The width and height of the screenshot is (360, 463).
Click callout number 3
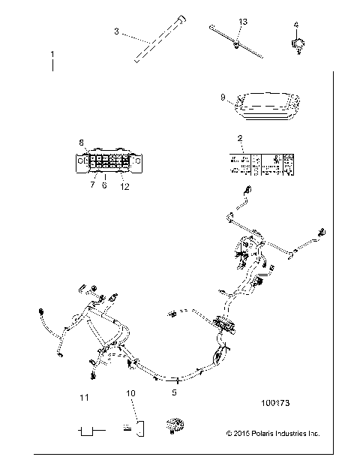point(117,31)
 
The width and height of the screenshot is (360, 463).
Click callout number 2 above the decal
point(238,138)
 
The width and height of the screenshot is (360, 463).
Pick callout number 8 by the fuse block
point(81,141)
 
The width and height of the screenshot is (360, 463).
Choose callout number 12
point(124,186)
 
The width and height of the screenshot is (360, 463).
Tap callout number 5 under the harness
point(175,392)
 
